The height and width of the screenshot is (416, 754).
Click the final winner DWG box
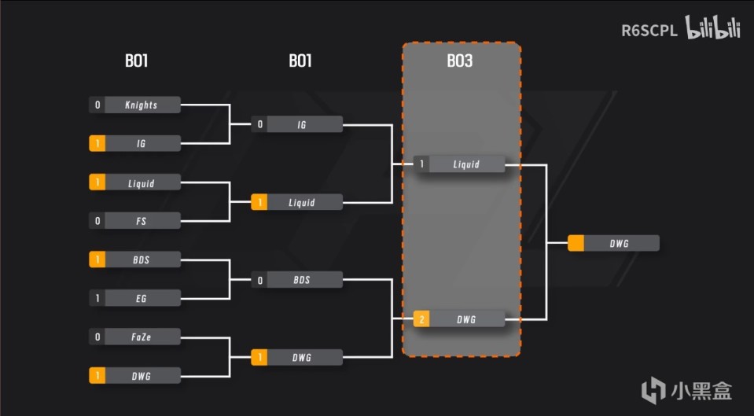click(x=620, y=244)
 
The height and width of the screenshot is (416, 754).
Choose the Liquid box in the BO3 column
click(x=466, y=164)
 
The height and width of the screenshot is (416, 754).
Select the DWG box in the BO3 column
click(x=466, y=318)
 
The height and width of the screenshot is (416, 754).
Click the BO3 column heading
click(x=460, y=61)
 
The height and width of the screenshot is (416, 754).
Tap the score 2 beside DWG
click(x=422, y=318)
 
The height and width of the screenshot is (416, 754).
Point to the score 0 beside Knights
click(x=97, y=105)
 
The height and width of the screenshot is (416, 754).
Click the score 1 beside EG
click(x=97, y=298)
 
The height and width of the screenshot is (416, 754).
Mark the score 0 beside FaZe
click(x=97, y=336)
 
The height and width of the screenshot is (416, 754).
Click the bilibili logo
click(x=713, y=30)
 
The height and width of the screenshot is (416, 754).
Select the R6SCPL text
click(x=649, y=31)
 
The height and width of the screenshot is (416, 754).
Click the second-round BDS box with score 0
click(x=303, y=279)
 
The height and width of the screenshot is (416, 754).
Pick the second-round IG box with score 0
click(x=303, y=124)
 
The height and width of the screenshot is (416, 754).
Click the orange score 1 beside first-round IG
click(x=97, y=143)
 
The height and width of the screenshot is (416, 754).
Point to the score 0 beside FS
click(x=97, y=221)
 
